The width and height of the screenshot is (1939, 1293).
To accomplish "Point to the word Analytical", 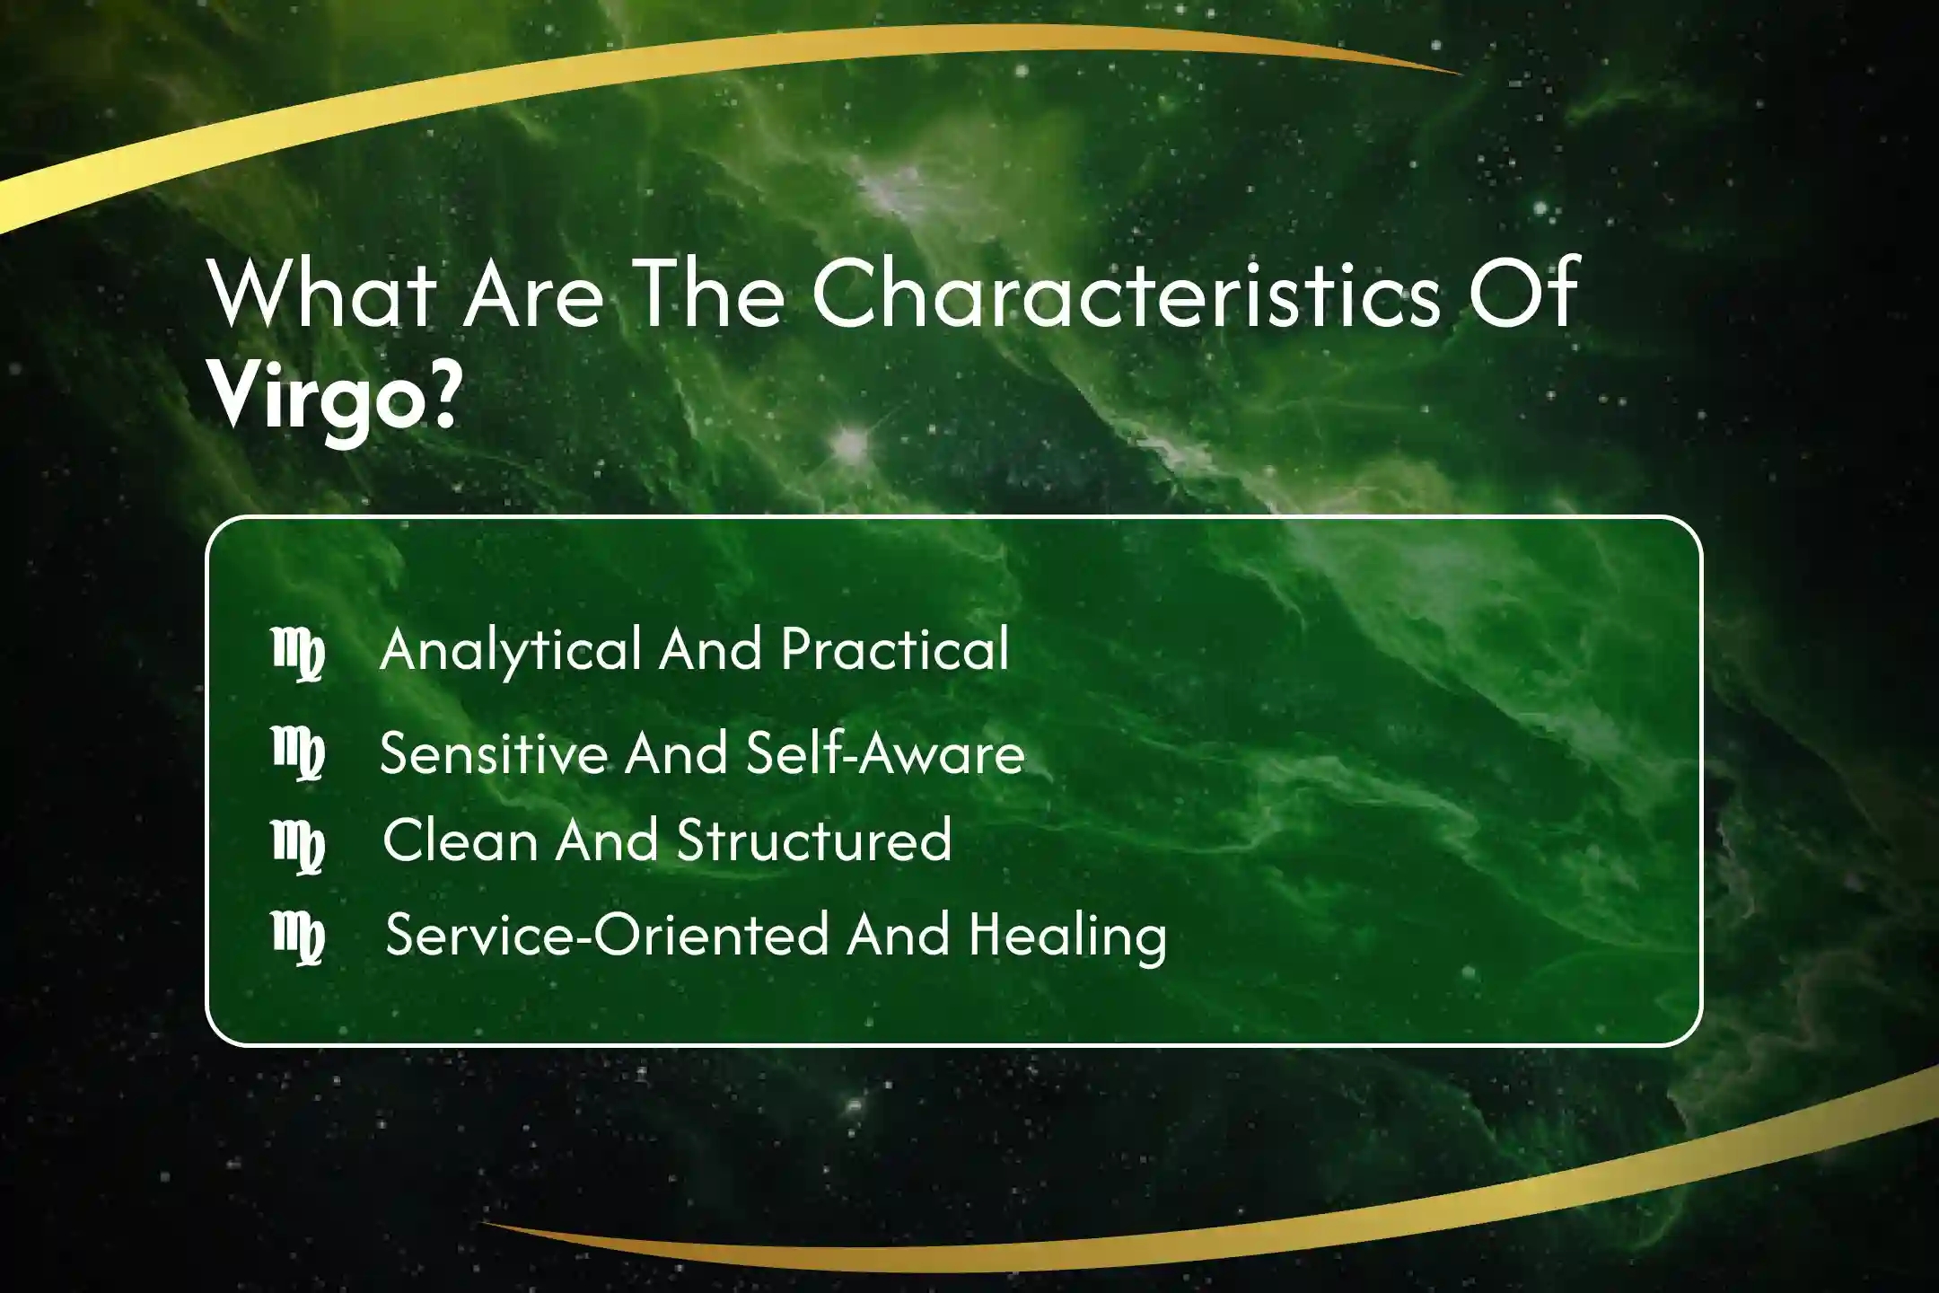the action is [511, 650].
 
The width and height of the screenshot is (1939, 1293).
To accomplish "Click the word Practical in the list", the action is [895, 648].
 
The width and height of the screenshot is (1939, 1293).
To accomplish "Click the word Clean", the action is [461, 840].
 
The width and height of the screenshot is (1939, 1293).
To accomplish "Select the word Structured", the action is [814, 840].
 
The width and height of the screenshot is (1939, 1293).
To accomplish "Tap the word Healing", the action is [1068, 937].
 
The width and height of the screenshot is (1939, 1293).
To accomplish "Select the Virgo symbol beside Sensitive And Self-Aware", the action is [298, 753].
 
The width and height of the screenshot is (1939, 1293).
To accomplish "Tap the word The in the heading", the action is [710, 293].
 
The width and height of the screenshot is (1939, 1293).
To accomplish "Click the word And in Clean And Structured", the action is [607, 840].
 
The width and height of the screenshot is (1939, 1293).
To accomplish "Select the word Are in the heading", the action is [533, 295].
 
